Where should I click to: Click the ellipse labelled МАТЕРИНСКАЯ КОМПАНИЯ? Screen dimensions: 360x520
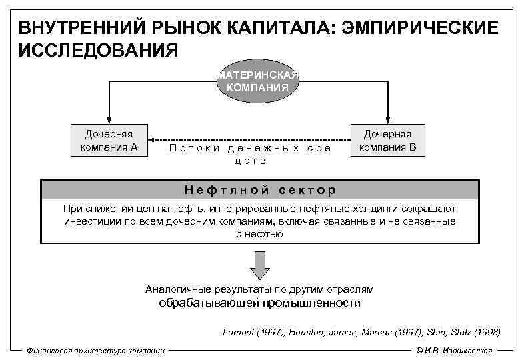pos(257,81)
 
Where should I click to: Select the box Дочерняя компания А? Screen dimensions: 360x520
pos(109,141)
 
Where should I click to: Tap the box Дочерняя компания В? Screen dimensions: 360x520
pos(387,141)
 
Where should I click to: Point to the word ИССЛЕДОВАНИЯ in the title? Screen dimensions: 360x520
pos(98,49)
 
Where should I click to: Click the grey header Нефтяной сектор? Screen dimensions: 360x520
pos(259,189)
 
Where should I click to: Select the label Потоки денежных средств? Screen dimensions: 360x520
pos(250,154)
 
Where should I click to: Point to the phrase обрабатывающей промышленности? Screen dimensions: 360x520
pos(259,303)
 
